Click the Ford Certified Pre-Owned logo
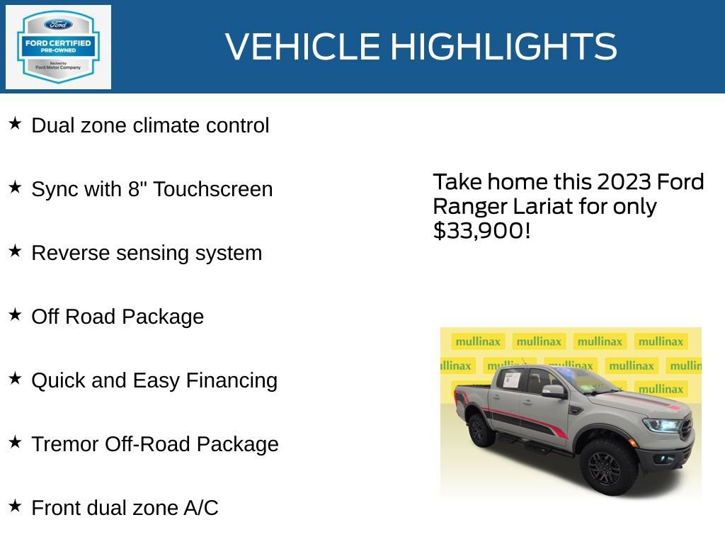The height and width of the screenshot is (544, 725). tap(58, 47)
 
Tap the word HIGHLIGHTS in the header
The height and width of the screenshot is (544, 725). tap(503, 47)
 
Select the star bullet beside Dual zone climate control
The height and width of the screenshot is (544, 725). tap(15, 124)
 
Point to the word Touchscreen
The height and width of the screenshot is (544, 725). tap(212, 190)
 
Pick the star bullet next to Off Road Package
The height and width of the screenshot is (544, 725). tap(15, 315)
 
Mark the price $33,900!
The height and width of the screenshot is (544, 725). tap(481, 231)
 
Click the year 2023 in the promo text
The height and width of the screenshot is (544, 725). tap(624, 183)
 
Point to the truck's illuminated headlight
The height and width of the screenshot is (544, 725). tap(661, 425)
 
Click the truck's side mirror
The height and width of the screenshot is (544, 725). tap(552, 391)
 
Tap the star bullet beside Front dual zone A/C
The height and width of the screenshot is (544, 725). tap(15, 506)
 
